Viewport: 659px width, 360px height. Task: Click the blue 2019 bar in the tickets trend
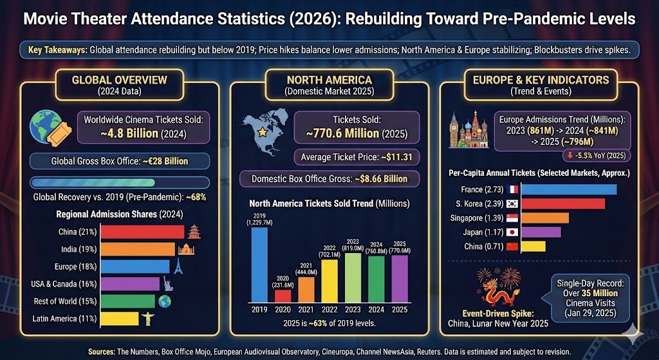pyautogui.click(x=259, y=265)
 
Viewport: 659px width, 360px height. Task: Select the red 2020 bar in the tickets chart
pyautogui.click(x=283, y=296)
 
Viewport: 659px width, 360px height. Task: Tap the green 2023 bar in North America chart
pyautogui.click(x=353, y=278)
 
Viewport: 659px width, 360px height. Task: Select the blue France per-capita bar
pyautogui.click(x=568, y=189)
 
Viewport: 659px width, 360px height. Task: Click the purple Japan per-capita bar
pyautogui.click(x=541, y=232)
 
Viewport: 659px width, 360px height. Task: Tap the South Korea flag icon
pyautogui.click(x=513, y=204)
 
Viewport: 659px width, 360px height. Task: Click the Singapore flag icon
pyautogui.click(x=513, y=218)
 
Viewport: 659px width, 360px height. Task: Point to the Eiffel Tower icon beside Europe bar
pyautogui.click(x=178, y=267)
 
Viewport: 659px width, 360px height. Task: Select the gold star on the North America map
pyautogui.click(x=262, y=133)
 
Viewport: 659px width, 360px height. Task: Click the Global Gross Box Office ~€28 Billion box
pyautogui.click(x=119, y=161)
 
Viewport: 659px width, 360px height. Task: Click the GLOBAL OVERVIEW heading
pyautogui.click(x=119, y=80)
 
